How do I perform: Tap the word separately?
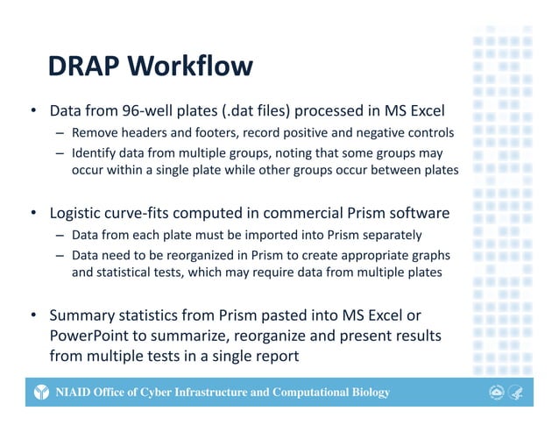[x=390, y=235]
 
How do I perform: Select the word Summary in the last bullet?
[x=81, y=315]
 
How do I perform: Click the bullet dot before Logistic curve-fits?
[x=32, y=213]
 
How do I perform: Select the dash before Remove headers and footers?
[x=58, y=133]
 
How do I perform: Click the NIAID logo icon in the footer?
[x=41, y=393]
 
